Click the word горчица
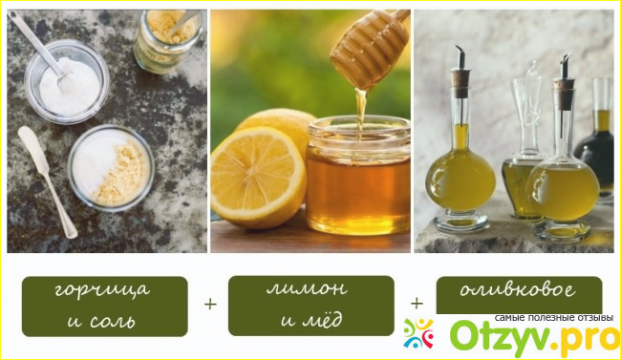pyautogui.click(x=102, y=290)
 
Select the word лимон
pyautogui.click(x=308, y=288)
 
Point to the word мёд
pyautogui.click(x=322, y=319)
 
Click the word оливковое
pyautogui.click(x=518, y=290)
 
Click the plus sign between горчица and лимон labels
pyautogui.click(x=210, y=305)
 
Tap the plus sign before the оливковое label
pyautogui.click(x=417, y=304)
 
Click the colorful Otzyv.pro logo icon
pyautogui.click(x=418, y=333)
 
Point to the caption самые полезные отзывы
pyautogui.click(x=554, y=318)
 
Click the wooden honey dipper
pyautogui.click(x=370, y=47)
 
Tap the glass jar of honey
pyautogui.click(x=358, y=176)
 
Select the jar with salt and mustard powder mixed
pyautogui.click(x=111, y=168)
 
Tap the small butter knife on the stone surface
pyautogui.click(x=47, y=181)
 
